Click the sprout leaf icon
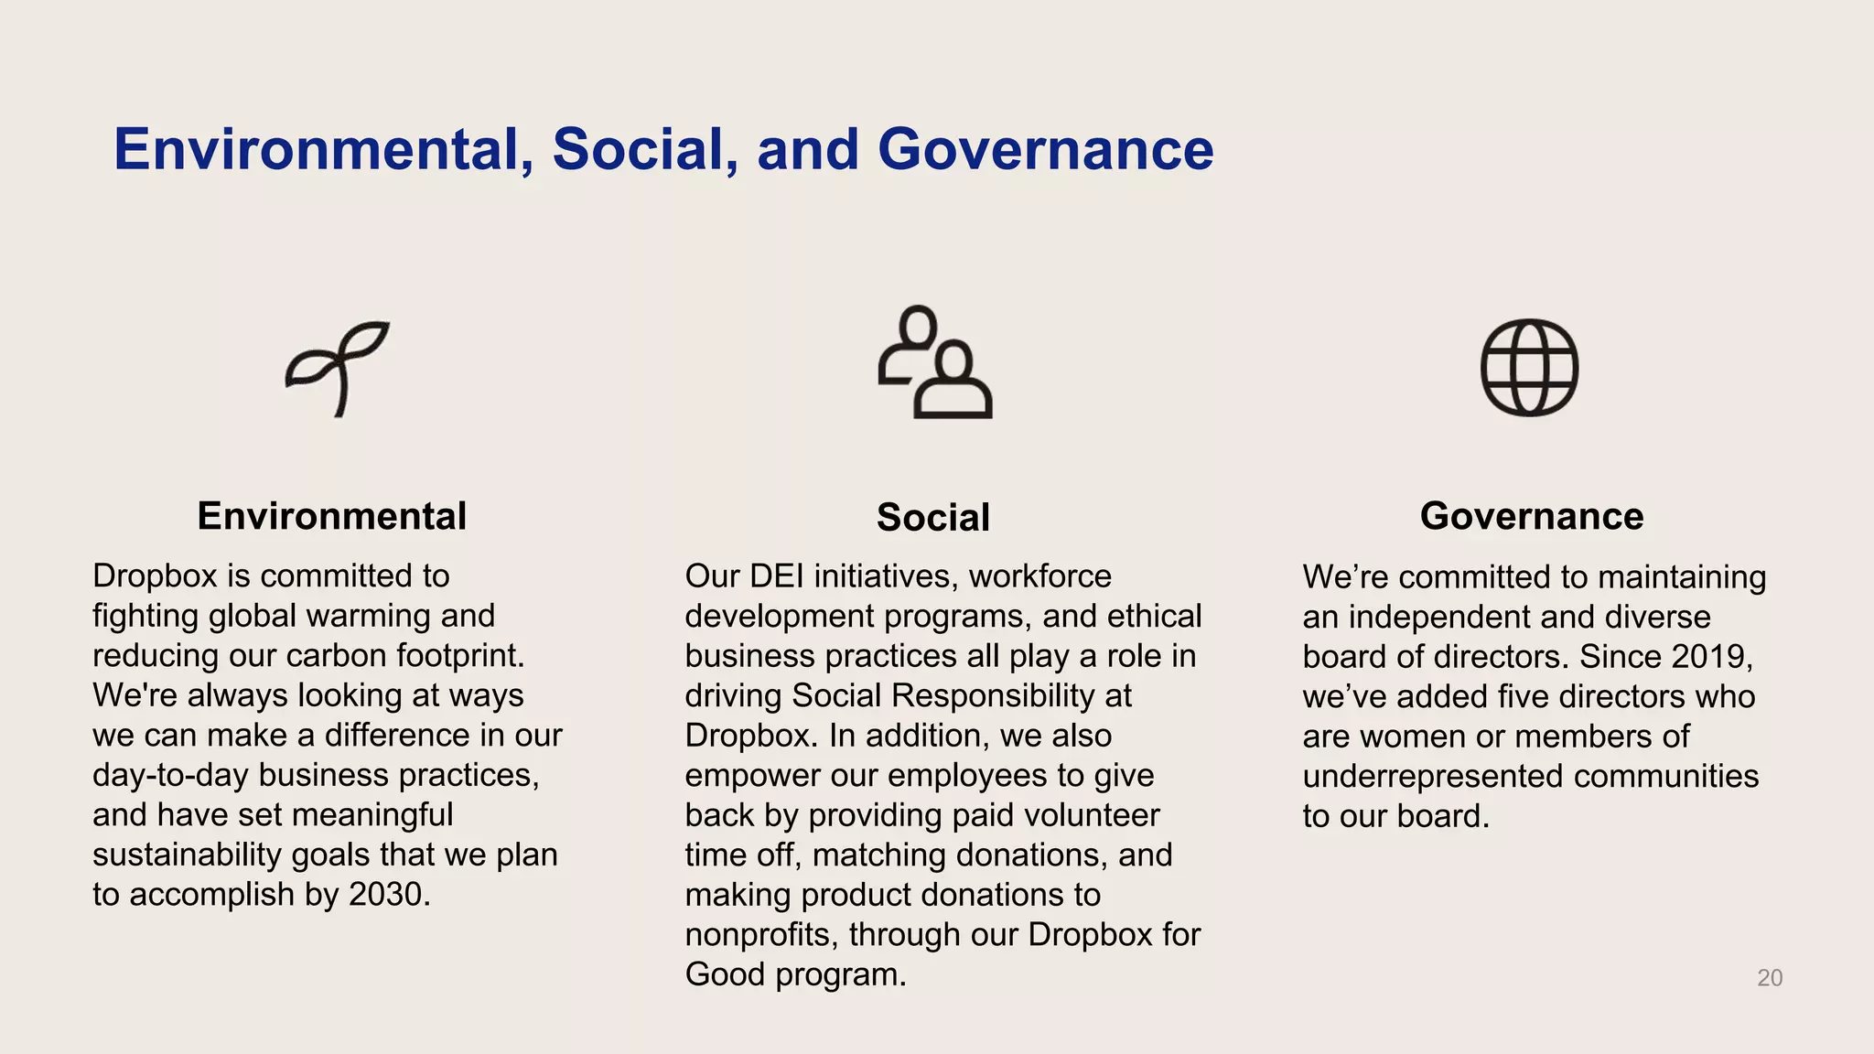pyautogui.click(x=338, y=368)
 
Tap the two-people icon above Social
pyautogui.click(x=935, y=363)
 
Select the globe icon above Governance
pyautogui.click(x=1529, y=367)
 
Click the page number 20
pyautogui.click(x=1770, y=978)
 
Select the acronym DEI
pyautogui.click(x=776, y=576)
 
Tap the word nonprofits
pyautogui.click(x=762, y=934)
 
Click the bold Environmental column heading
pyautogui.click(x=332, y=516)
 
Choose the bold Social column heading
pyautogui.click(x=933, y=518)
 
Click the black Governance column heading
pyautogui.click(x=1532, y=516)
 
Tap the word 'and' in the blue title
pyautogui.click(x=808, y=149)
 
